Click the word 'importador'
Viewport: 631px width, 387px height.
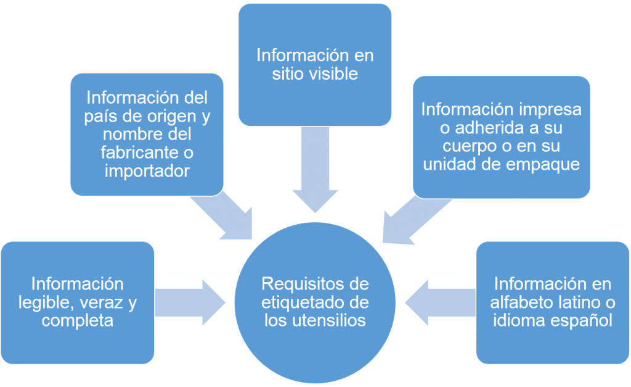coord(147,171)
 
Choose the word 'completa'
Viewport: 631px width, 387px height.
coord(78,320)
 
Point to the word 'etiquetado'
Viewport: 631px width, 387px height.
coord(298,302)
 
